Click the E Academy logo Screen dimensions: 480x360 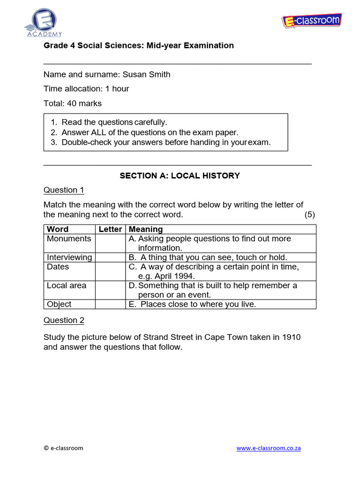pyautogui.click(x=43, y=22)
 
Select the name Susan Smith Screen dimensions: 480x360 pyautogui.click(x=146, y=75)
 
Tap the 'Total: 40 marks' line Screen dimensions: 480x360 pyautogui.click(x=73, y=103)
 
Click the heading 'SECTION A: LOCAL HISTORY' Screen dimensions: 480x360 pyautogui.click(x=180, y=176)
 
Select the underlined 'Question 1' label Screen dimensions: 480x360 pyautogui.click(x=64, y=190)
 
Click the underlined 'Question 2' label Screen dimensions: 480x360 pyautogui.click(x=64, y=320)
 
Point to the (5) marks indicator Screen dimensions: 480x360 pyautogui.click(x=309, y=215)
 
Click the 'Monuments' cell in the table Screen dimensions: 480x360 pyautogui.click(x=69, y=239)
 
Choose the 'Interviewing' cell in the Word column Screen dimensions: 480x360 pyautogui.click(x=69, y=257)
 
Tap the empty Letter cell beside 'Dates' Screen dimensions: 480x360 pyautogui.click(x=110, y=271)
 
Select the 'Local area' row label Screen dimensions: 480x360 pyautogui.click(x=67, y=285)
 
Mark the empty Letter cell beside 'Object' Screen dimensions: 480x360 pyautogui.click(x=110, y=304)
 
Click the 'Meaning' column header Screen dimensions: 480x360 pyautogui.click(x=146, y=229)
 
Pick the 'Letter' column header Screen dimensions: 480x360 pyautogui.click(x=110, y=229)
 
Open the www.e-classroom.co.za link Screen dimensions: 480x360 pyautogui.click(x=269, y=448)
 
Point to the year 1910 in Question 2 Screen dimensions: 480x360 pyautogui.click(x=291, y=337)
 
